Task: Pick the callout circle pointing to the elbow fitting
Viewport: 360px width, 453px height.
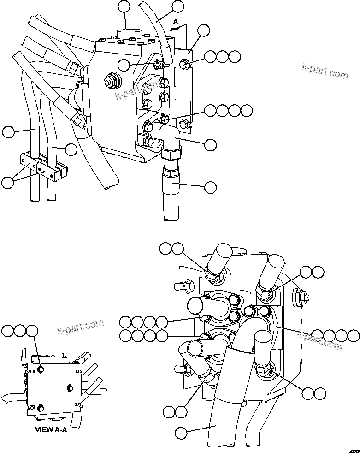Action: (210, 144)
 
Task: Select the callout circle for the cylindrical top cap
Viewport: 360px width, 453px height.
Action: (124, 6)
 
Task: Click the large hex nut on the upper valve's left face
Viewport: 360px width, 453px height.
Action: (111, 82)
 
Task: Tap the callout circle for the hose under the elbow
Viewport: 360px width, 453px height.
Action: (210, 187)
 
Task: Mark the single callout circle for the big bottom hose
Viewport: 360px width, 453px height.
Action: (181, 433)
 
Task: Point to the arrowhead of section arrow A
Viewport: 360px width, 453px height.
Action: (171, 29)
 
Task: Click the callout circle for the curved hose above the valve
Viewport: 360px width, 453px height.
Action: (177, 6)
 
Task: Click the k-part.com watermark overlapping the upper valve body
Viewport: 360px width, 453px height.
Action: (138, 92)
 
